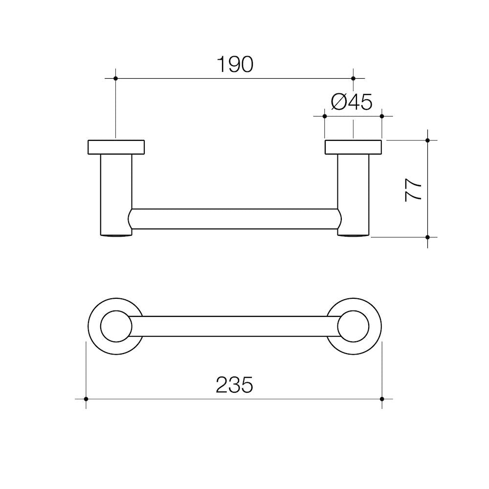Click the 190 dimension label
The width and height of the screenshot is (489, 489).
(x=235, y=65)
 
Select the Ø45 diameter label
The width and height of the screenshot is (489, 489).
(x=352, y=102)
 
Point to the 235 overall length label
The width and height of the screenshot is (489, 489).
(x=234, y=385)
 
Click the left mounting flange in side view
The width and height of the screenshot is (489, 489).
(x=116, y=147)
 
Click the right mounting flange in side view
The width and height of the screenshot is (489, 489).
(x=353, y=147)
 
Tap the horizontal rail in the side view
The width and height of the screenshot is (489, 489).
(x=235, y=219)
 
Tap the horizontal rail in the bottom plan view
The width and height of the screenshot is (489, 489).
(x=235, y=326)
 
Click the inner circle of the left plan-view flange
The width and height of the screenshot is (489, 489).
(x=116, y=326)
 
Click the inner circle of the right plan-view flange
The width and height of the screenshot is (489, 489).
(x=353, y=326)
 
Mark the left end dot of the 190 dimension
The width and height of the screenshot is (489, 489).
(x=115, y=78)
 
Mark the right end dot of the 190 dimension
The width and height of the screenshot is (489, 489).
(x=354, y=78)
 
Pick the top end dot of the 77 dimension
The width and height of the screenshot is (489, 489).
(x=428, y=140)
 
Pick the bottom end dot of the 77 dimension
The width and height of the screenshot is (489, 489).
(x=428, y=237)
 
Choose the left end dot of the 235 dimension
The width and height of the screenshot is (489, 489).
(x=86, y=399)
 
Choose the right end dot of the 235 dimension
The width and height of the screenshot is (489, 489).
(x=382, y=399)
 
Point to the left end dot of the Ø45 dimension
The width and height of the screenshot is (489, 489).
(x=325, y=116)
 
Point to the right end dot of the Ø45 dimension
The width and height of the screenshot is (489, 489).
(x=382, y=116)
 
